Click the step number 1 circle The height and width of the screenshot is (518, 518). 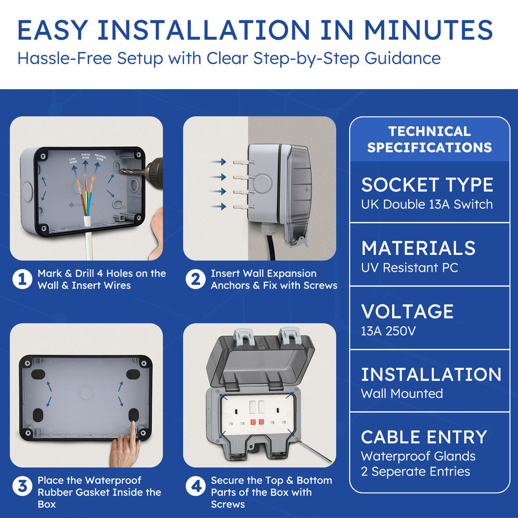coord(22,280)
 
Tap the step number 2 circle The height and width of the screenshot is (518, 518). coord(195,280)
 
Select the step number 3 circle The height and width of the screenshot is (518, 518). coord(22,487)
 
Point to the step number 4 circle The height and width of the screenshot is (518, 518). coord(195,487)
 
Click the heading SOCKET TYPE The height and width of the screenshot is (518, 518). coord(427,185)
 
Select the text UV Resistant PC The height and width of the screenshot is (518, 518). coord(409,268)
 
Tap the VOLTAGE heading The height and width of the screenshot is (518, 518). coord(407,311)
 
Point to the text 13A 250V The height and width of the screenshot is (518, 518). coord(388,330)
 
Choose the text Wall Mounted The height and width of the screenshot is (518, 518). coord(402,394)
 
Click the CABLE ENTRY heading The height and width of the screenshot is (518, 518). coord(424,437)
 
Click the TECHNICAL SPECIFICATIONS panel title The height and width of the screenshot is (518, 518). coord(429,139)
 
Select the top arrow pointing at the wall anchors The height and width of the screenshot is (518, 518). coord(218,162)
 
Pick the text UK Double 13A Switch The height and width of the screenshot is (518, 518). coord(427,204)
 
